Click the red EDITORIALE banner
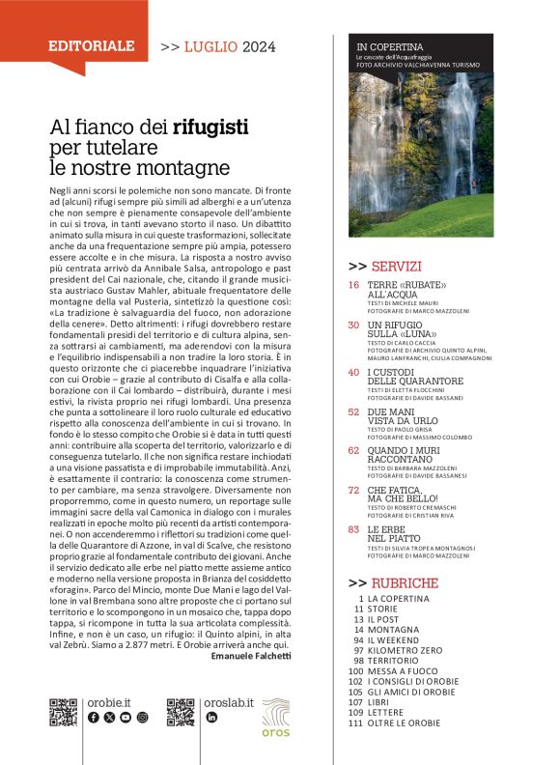click(93, 45)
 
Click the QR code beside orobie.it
click(63, 711)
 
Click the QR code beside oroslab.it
click(180, 711)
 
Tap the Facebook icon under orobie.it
click(93, 718)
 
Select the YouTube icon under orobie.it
click(126, 718)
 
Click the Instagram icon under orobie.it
click(142, 718)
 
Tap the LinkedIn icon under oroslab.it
click(210, 718)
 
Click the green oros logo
click(276, 715)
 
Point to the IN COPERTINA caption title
click(390, 45)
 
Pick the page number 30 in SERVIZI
click(353, 326)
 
